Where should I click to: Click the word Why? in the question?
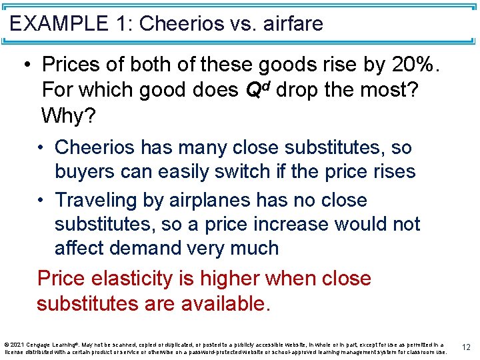click(x=69, y=116)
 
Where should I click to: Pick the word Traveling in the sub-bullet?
click(x=98, y=200)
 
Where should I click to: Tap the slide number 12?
click(x=466, y=347)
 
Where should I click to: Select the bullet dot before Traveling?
click(x=42, y=200)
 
